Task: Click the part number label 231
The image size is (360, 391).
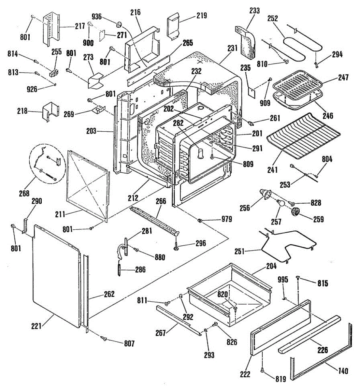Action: (x=232, y=48)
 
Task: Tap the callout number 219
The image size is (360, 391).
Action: (x=202, y=15)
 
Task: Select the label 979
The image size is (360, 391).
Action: (x=227, y=219)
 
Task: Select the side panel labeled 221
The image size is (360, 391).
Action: (x=56, y=276)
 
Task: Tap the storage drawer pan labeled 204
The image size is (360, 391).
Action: (x=230, y=295)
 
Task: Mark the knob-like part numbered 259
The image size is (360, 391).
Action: (x=295, y=211)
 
